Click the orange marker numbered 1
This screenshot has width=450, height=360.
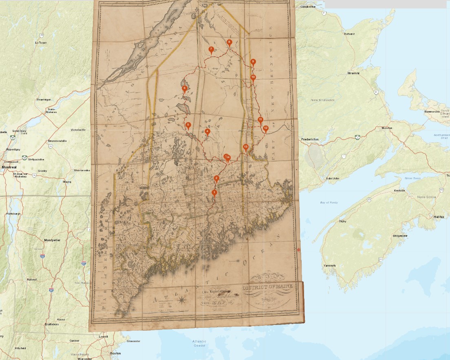[214, 193]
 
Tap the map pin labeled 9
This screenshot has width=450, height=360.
[253, 62]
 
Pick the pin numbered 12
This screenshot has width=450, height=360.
[266, 128]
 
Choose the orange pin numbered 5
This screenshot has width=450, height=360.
[188, 125]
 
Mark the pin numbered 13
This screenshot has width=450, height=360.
[246, 147]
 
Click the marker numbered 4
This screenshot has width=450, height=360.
[207, 132]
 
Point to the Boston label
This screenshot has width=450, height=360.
[116, 353]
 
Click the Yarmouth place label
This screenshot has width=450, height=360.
[329, 265]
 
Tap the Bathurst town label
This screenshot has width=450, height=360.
[349, 34]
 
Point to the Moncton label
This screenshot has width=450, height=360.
[387, 128]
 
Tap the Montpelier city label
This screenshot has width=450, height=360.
[52, 240]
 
